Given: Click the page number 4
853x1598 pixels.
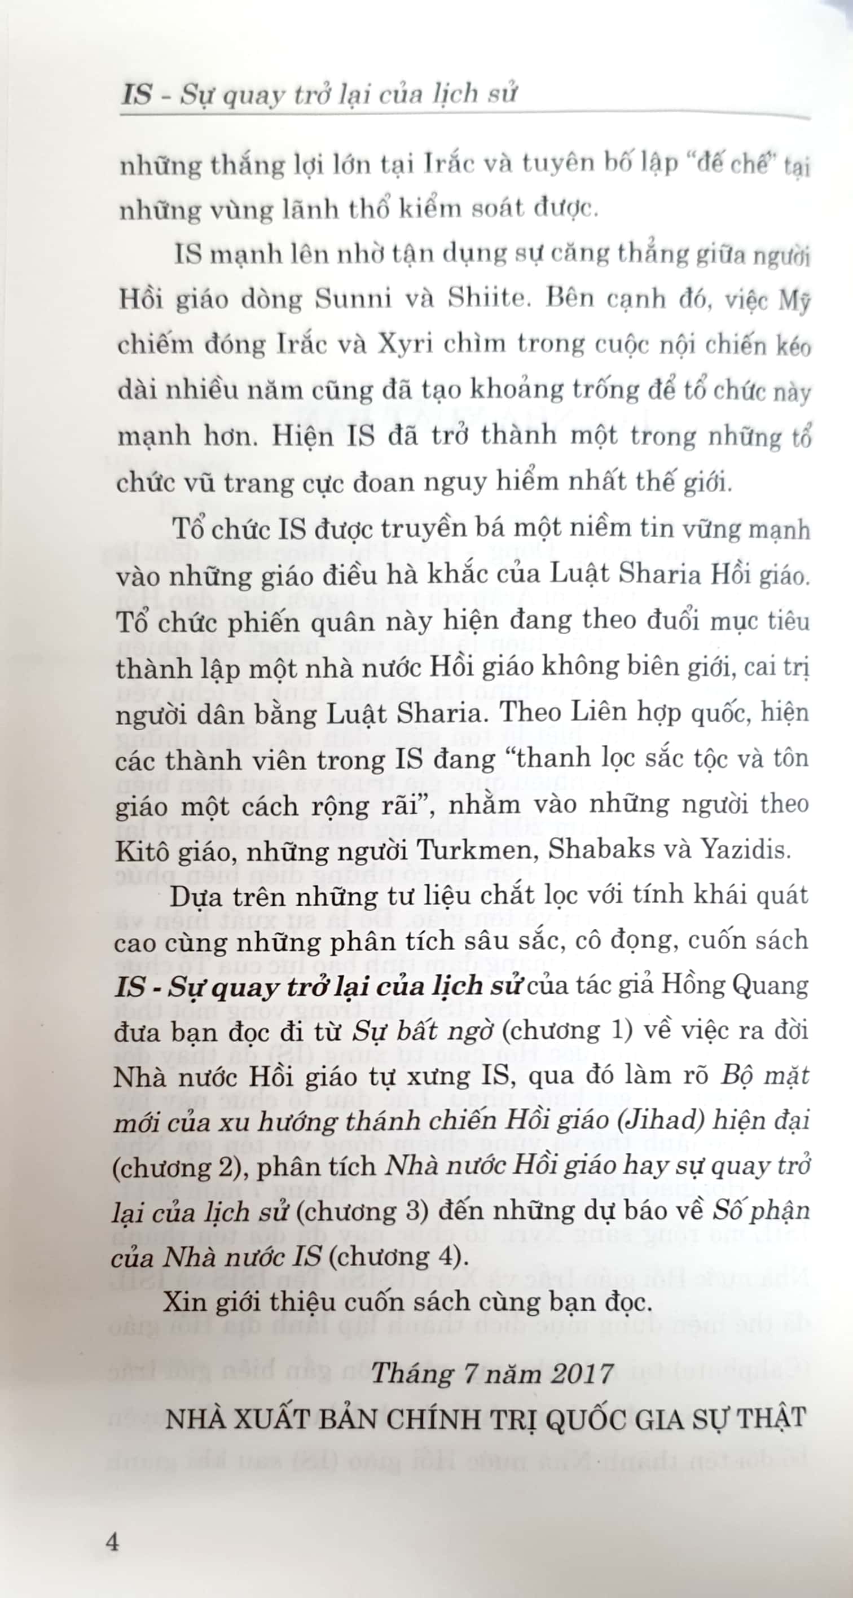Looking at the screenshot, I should pyautogui.click(x=112, y=1541).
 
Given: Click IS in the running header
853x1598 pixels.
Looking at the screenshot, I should pyautogui.click(x=137, y=95).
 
